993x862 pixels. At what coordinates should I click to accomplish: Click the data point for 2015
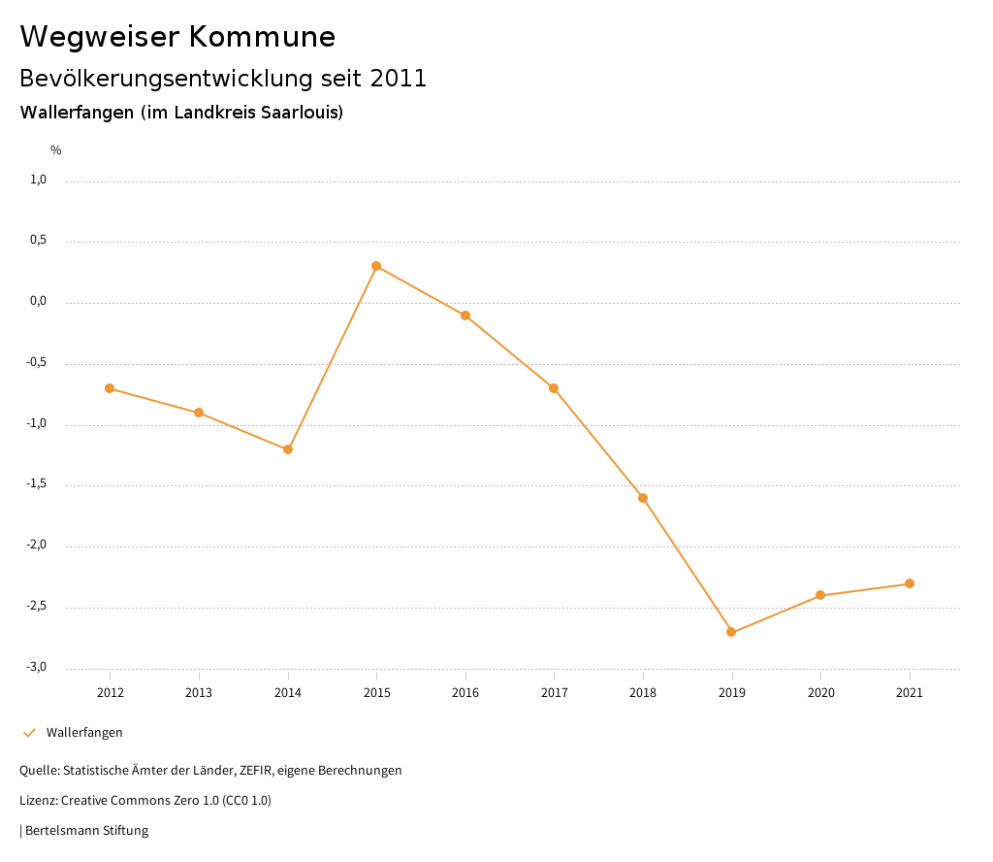[x=376, y=266]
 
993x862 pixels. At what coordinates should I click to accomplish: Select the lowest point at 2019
[x=731, y=632]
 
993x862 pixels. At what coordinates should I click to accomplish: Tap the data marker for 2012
[x=110, y=388]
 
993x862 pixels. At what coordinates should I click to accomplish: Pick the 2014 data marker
[x=288, y=449]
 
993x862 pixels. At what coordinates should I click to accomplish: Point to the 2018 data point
[x=643, y=498]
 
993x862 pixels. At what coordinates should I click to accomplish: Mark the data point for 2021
[x=910, y=583]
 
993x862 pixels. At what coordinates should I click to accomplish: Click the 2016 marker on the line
[x=465, y=315]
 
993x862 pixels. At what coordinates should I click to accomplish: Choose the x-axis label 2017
[x=554, y=693]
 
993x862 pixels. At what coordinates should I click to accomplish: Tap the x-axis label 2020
[x=820, y=693]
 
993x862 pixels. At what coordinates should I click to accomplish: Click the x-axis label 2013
[x=199, y=693]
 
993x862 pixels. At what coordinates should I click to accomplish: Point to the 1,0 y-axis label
[x=38, y=180]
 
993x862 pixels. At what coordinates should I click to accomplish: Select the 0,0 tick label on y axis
[x=38, y=301]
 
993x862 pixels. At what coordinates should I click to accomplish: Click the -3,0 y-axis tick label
[x=37, y=667]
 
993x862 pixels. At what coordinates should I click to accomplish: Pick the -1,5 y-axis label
[x=37, y=484]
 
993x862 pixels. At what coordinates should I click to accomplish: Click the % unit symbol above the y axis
[x=56, y=150]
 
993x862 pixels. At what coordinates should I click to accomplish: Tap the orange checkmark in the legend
[x=29, y=733]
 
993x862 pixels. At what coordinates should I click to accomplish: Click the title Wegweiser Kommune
[x=177, y=37]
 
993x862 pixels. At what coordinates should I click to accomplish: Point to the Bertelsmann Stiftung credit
[x=86, y=831]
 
